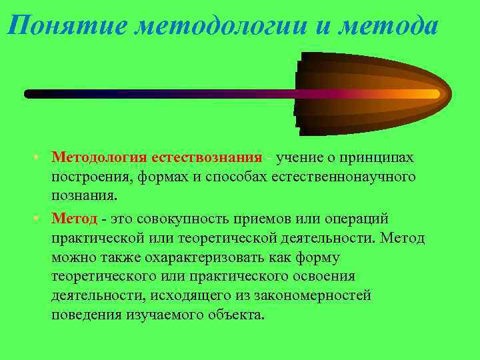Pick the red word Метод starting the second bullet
pos(75,219)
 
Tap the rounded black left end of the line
pos(29,94)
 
